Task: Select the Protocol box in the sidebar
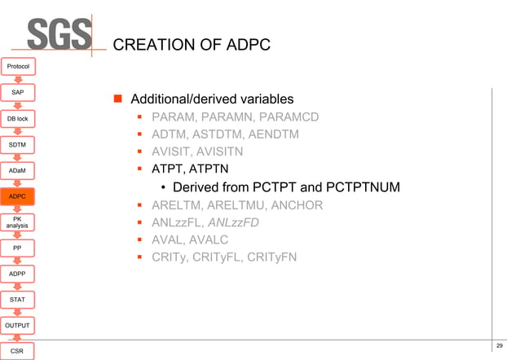[x=17, y=66]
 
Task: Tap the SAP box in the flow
[x=17, y=92]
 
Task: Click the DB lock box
[x=17, y=119]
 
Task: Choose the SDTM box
[x=17, y=144]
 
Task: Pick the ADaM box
[x=17, y=170]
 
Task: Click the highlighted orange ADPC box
[x=17, y=196]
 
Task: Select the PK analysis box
[x=17, y=222]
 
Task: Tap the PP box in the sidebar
[x=17, y=247]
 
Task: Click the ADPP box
[x=17, y=274]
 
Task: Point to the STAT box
[x=17, y=300]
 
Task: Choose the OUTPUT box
[x=17, y=325]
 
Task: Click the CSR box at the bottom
[x=17, y=350]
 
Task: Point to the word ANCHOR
[x=294, y=205]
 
